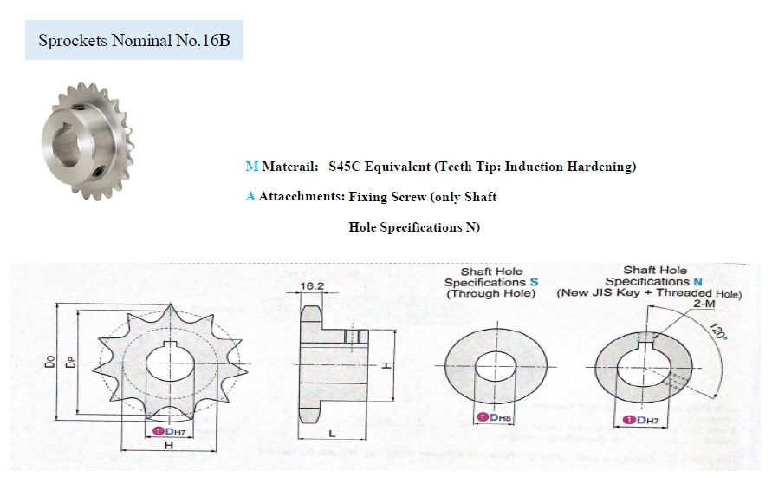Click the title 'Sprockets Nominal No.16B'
pyautogui.click(x=134, y=40)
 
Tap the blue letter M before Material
pyautogui.click(x=251, y=167)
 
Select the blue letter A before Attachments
pyautogui.click(x=250, y=196)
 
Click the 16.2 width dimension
pyautogui.click(x=312, y=285)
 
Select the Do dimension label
pyautogui.click(x=50, y=361)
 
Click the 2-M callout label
pyautogui.click(x=704, y=304)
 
